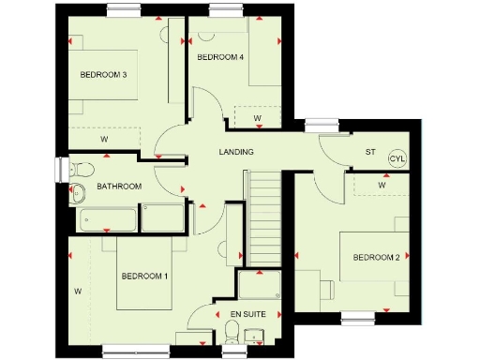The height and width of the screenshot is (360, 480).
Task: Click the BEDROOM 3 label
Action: pos(103,75)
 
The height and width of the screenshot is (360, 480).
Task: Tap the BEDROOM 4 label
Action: pos(220,57)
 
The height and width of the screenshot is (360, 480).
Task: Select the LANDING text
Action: pos(236,152)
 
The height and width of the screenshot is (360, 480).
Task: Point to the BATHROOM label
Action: pos(119,187)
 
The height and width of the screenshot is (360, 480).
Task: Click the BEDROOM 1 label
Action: pos(144,276)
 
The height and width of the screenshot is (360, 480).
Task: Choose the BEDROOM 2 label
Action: pos(377,258)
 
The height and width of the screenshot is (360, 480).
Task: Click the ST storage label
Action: pos(369,153)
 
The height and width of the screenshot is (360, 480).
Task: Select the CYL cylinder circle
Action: pos(397,158)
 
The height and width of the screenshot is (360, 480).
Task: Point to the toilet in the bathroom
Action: pos(82,170)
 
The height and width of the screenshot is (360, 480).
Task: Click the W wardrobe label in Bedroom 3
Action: pos(103,140)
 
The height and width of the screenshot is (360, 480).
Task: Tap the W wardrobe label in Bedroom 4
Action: pos(258,118)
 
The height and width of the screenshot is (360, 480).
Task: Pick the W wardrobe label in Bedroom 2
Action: pos(382,185)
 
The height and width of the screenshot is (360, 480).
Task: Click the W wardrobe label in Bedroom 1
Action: pos(78,292)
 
